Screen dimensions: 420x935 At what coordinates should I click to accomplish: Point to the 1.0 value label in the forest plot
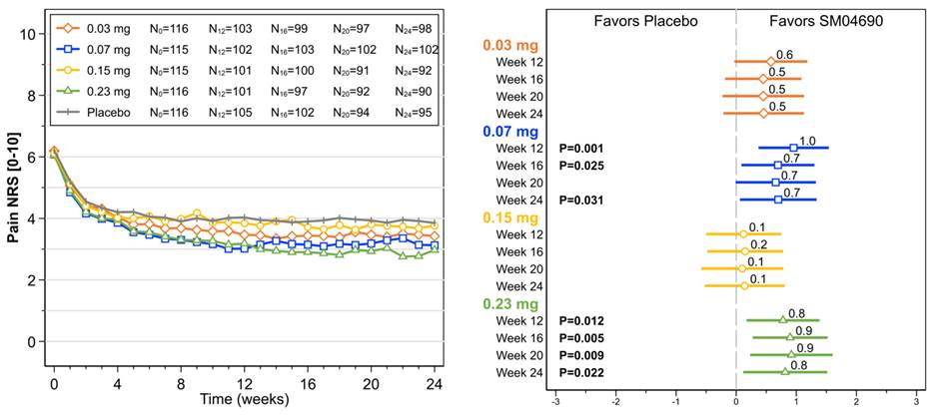point(808,141)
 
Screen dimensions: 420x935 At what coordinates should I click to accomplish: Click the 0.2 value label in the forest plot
point(759,244)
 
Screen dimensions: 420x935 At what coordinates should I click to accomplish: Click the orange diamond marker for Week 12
point(770,62)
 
